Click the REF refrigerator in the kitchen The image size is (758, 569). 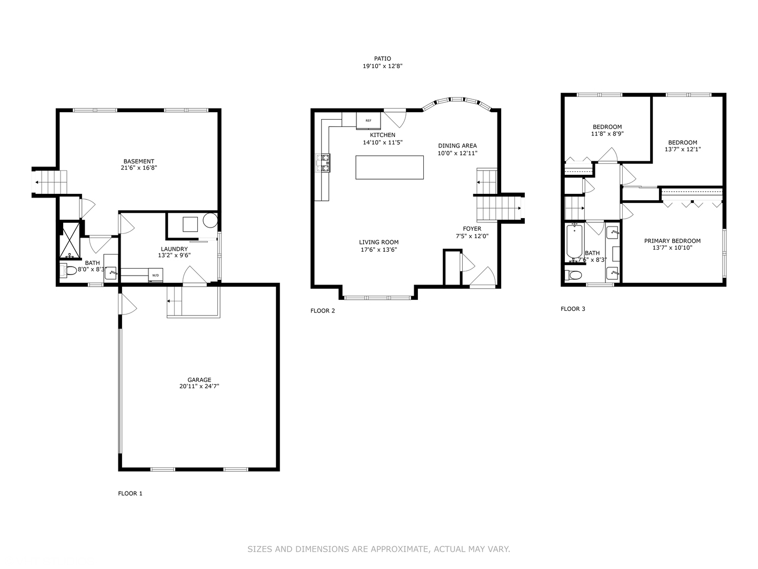(368, 121)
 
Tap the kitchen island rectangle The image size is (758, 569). (390, 168)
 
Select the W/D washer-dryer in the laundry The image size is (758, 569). (156, 276)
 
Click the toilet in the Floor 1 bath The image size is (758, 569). (68, 271)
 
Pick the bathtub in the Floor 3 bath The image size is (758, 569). (574, 241)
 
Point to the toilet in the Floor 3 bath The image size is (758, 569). (573, 275)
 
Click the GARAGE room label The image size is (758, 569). (199, 379)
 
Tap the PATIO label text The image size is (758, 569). (382, 59)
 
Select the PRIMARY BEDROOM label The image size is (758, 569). (672, 241)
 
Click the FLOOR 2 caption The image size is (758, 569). (323, 311)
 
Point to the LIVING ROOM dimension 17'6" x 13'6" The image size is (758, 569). (378, 250)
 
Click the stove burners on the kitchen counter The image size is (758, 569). (323, 163)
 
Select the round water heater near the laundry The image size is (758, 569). (210, 221)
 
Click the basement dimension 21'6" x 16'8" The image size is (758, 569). (139, 168)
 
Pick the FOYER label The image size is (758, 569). (472, 229)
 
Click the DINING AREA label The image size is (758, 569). (457, 146)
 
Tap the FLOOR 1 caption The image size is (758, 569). (130, 494)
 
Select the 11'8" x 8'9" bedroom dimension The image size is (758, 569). (607, 134)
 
